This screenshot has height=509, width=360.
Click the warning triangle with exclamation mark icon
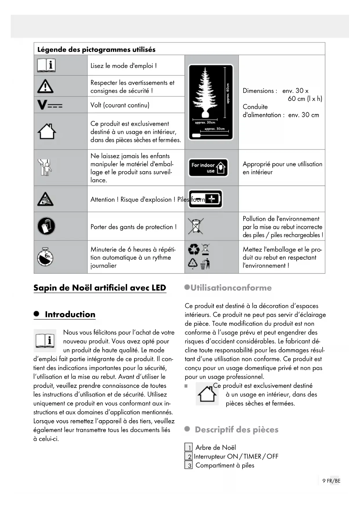45,86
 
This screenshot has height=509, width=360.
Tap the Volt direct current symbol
50,105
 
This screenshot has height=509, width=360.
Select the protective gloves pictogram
46,226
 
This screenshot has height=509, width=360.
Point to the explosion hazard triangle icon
45,199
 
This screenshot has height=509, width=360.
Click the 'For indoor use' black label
208,168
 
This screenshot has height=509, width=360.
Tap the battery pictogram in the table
205,199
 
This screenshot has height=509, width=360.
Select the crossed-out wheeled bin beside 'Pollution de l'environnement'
196,226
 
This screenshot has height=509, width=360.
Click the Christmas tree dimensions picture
211,102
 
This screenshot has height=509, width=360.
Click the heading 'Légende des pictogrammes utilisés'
96,49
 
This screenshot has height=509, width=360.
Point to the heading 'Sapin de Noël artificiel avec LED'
100,288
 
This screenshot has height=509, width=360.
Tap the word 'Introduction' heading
70,314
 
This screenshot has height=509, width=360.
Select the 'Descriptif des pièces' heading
236,429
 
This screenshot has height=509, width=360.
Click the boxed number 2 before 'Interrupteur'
189,456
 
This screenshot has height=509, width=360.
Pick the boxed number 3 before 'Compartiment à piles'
189,465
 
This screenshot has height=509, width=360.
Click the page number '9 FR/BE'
331,481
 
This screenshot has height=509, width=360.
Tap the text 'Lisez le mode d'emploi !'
124,66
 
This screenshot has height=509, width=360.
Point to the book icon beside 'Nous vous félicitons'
45,340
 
